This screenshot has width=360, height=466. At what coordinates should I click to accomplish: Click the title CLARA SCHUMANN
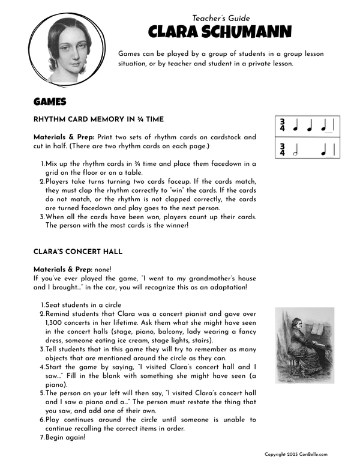(212, 31)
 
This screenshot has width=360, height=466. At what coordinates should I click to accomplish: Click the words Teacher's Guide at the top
(221, 19)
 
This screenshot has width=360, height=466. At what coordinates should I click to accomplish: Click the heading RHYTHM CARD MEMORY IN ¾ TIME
(98, 120)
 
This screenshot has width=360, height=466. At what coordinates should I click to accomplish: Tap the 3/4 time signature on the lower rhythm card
(282, 150)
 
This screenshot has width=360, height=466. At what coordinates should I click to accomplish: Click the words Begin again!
(65, 437)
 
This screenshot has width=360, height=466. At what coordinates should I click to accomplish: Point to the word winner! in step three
(174, 226)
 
